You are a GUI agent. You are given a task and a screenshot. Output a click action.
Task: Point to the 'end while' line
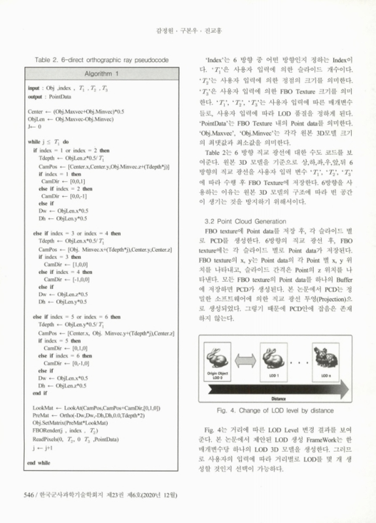point(40,462)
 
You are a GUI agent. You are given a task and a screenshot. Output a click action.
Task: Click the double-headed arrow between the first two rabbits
point(244,358)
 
